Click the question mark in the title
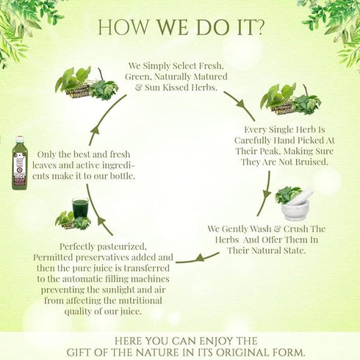(x=259, y=26)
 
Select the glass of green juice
(x=80, y=209)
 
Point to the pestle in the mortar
(x=303, y=196)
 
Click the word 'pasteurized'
(x=122, y=247)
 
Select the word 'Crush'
(x=295, y=228)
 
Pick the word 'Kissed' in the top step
(x=176, y=87)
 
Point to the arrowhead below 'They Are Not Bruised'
(x=267, y=194)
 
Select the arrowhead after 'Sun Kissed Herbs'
(x=241, y=104)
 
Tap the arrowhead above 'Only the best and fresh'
(x=96, y=130)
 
